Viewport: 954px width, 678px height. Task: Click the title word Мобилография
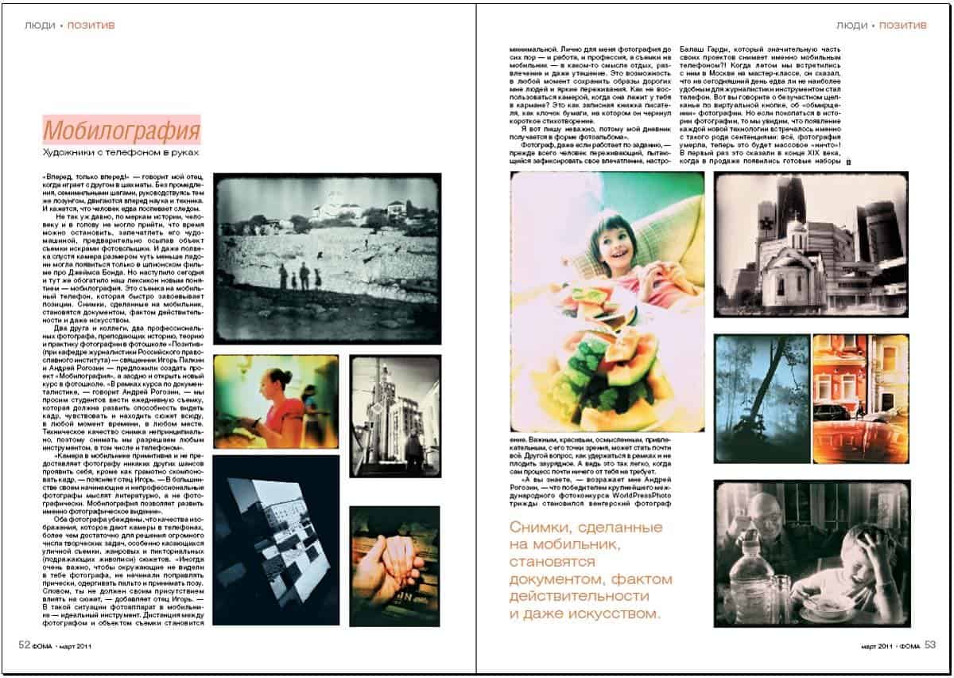[121, 130]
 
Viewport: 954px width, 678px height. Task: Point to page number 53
[931, 645]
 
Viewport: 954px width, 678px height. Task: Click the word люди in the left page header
[40, 25]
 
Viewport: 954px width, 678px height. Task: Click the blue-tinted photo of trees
[761, 398]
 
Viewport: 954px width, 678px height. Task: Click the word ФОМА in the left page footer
[43, 647]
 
